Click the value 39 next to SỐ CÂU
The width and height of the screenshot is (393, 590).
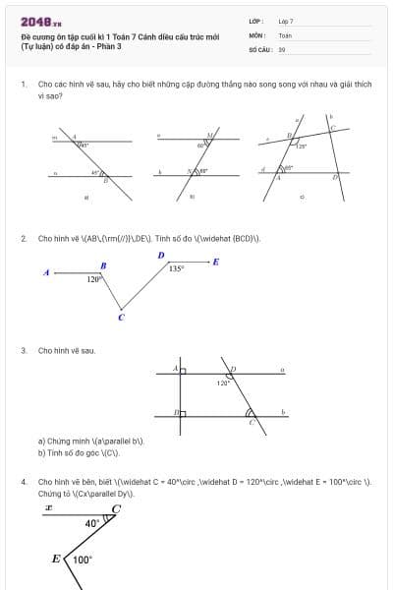click(x=282, y=48)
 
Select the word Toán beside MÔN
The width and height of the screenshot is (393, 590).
click(x=285, y=34)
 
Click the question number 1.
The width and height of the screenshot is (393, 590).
click(x=23, y=85)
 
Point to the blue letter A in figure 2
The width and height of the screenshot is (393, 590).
click(x=46, y=272)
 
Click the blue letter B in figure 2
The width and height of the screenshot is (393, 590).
click(x=103, y=265)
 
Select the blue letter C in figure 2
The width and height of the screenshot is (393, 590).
click(x=121, y=317)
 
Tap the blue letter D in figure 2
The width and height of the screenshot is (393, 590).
click(x=160, y=256)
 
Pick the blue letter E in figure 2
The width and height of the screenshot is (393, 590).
click(x=216, y=262)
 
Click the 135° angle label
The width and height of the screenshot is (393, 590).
click(x=176, y=267)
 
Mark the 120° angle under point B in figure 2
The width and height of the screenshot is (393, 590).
click(x=93, y=280)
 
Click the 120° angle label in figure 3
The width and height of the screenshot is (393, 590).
click(x=223, y=383)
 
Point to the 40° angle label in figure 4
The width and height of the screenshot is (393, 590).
click(x=91, y=524)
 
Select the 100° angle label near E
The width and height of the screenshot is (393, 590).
click(x=83, y=560)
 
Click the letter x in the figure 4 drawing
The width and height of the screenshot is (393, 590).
click(x=47, y=508)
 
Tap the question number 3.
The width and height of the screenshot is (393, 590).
click(x=23, y=350)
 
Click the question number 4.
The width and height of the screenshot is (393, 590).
click(x=23, y=482)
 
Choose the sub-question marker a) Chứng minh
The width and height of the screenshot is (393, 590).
click(x=41, y=442)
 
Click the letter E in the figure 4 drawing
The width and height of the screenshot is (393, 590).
click(x=56, y=559)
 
